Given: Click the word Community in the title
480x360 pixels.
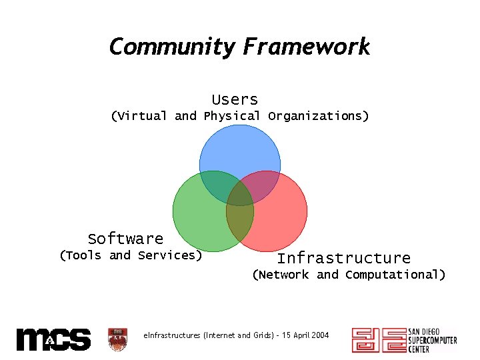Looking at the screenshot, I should tap(172, 47).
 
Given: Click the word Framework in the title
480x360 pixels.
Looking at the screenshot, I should tap(306, 47).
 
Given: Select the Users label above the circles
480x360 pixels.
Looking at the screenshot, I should tap(235, 99).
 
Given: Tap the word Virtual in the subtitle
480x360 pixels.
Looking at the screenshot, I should tap(139, 116).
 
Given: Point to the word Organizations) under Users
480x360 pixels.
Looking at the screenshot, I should tap(318, 116).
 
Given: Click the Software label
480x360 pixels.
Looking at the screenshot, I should tap(125, 239).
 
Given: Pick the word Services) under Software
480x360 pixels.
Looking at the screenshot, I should tap(170, 255).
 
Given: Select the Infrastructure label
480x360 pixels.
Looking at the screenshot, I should tap(343, 258).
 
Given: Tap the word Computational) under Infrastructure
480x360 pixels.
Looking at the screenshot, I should tap(395, 275).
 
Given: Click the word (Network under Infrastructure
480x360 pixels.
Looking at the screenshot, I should tap(280, 275).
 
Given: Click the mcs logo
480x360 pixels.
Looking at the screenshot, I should tap(53, 339).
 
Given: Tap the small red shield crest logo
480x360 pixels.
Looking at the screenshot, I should tap(117, 339).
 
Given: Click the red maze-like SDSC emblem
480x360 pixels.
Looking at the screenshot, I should tap(378, 340).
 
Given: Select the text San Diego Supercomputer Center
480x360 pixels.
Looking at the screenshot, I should tap(432, 340).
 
